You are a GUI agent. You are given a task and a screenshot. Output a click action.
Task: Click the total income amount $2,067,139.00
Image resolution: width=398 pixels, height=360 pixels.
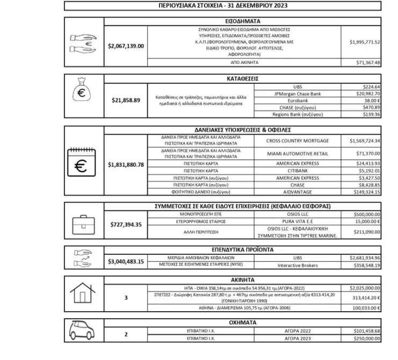pos(126,46)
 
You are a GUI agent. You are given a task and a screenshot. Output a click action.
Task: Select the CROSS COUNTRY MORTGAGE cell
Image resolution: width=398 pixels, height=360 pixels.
pos(298,141)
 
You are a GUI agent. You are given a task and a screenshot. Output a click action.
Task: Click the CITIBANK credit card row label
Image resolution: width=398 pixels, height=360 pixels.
pos(298,171)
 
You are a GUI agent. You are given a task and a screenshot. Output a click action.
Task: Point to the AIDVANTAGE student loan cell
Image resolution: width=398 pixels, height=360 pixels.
pos(298,192)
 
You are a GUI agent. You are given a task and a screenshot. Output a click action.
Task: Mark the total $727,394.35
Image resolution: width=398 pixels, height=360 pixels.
pos(126,224)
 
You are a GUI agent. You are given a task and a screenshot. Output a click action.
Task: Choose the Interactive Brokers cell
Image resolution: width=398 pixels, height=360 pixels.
pos(298,265)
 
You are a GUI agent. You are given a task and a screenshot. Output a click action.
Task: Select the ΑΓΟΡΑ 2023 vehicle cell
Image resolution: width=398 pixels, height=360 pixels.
pos(298,339)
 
